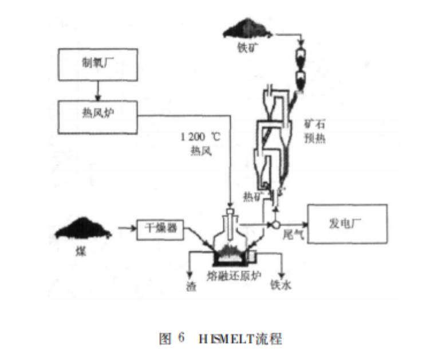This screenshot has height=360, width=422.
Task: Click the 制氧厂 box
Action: [98, 64]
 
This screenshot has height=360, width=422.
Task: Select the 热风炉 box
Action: [98, 115]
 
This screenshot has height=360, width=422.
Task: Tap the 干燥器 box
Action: [161, 229]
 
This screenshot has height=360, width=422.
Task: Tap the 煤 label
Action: [81, 251]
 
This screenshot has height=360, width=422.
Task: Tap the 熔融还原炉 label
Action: [232, 274]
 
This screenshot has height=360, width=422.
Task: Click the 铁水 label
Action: [281, 285]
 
